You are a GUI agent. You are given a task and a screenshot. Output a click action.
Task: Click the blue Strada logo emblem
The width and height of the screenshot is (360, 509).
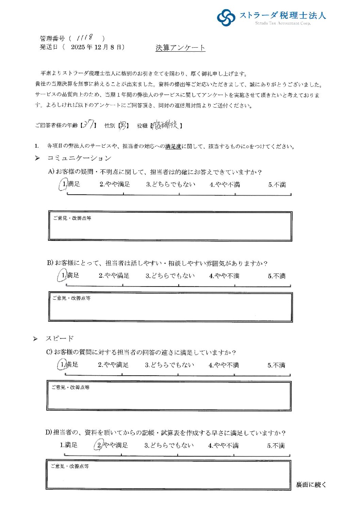(226, 17)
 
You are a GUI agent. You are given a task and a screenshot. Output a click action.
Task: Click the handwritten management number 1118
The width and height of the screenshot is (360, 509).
(86, 37)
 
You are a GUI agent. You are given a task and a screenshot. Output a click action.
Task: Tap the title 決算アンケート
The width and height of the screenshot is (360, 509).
(180, 48)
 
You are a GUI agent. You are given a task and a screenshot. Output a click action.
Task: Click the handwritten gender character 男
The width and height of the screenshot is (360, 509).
(122, 125)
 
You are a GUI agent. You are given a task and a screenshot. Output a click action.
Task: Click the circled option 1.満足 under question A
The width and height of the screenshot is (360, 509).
(70, 184)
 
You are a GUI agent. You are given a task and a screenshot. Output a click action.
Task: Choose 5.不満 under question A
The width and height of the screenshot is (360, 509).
(277, 185)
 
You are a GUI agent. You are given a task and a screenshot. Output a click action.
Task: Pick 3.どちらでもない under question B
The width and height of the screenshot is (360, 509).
(170, 276)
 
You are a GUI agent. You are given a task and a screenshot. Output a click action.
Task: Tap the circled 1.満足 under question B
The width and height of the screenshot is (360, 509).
(69, 275)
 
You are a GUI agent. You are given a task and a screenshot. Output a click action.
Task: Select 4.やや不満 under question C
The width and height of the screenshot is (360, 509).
(224, 365)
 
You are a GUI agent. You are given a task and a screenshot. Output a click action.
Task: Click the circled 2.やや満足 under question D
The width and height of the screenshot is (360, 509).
(111, 445)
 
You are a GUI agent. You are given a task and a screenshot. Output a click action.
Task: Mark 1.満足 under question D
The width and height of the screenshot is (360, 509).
(69, 445)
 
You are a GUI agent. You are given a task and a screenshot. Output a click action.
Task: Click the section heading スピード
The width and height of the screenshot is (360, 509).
(60, 339)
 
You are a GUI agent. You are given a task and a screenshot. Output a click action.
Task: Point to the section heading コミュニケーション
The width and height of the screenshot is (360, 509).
(79, 158)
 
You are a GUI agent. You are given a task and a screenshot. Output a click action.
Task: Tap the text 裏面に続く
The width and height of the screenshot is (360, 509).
(311, 485)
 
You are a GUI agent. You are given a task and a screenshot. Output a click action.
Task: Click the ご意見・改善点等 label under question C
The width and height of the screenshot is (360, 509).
(70, 387)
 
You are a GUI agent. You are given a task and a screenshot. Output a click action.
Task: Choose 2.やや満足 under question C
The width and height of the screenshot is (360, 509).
(113, 365)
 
